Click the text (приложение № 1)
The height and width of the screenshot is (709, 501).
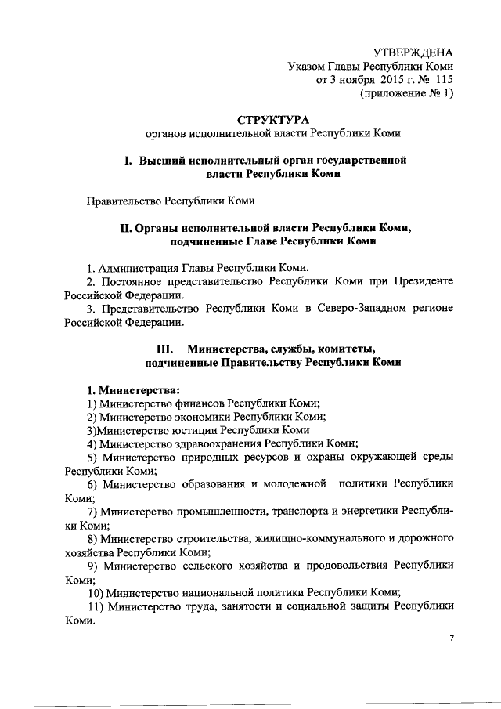tap(406, 93)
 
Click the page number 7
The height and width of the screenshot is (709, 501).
tap(452, 639)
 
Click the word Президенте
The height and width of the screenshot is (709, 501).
tap(422, 280)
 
